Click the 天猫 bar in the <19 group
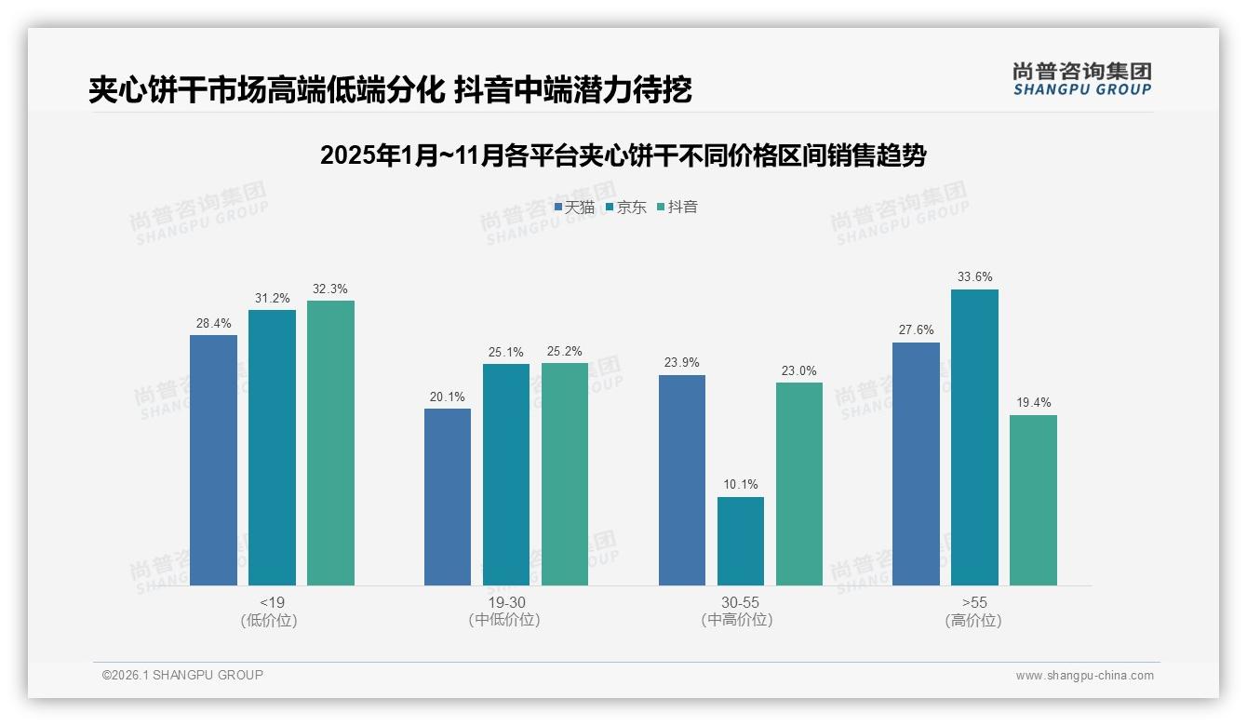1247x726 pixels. click(x=213, y=460)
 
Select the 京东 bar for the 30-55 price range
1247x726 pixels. click(x=740, y=541)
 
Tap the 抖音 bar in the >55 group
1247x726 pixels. click(x=1033, y=500)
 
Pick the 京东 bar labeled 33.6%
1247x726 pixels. click(x=974, y=437)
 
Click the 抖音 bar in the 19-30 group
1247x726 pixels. click(x=565, y=474)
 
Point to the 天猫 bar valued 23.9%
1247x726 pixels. click(x=682, y=480)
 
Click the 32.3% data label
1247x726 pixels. click(x=330, y=289)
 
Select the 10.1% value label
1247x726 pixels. click(x=740, y=485)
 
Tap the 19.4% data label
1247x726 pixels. click(x=1033, y=403)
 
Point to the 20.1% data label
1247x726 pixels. click(x=448, y=397)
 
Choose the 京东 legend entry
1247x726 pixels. click(x=625, y=208)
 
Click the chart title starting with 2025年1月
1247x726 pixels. click(x=623, y=155)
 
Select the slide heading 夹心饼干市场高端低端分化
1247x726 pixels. click(x=390, y=90)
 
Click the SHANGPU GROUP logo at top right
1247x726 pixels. click(x=1081, y=79)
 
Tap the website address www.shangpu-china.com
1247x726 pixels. click(x=1084, y=676)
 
